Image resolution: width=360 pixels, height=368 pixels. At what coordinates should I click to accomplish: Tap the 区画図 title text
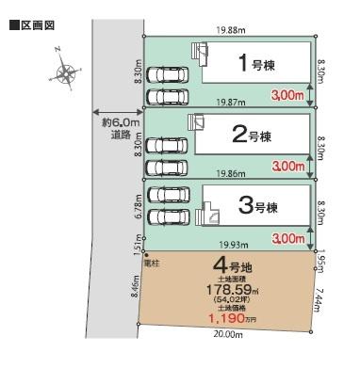[x=38, y=25]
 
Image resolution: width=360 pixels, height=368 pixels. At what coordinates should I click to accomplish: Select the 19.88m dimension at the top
[x=231, y=30]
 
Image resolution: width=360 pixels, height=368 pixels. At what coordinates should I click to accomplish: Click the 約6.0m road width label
[x=120, y=122]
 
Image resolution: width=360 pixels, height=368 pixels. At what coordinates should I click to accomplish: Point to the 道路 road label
[x=121, y=135]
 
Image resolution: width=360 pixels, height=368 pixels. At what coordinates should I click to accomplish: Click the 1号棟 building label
[x=256, y=63]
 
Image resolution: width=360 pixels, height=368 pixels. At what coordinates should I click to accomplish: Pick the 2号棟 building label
[x=252, y=136]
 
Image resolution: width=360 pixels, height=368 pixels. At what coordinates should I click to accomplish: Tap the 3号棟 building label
[x=258, y=206]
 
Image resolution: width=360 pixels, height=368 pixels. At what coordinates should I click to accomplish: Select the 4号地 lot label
[x=232, y=266]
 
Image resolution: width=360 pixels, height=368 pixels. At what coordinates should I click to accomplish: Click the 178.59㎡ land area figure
[x=232, y=289]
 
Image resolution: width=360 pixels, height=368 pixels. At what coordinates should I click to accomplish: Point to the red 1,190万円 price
[x=233, y=318]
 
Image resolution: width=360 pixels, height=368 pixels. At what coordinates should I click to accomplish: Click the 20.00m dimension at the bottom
[x=228, y=334]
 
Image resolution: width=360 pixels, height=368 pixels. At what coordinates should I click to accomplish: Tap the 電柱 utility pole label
[x=152, y=264]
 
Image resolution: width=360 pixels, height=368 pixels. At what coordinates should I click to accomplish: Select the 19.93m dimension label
[x=234, y=245]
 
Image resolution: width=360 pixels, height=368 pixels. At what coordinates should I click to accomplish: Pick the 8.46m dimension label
[x=137, y=288]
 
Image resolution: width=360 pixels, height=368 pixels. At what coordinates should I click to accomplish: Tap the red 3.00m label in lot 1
[x=287, y=95]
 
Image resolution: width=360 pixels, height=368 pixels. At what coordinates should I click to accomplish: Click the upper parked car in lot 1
[x=167, y=75]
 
